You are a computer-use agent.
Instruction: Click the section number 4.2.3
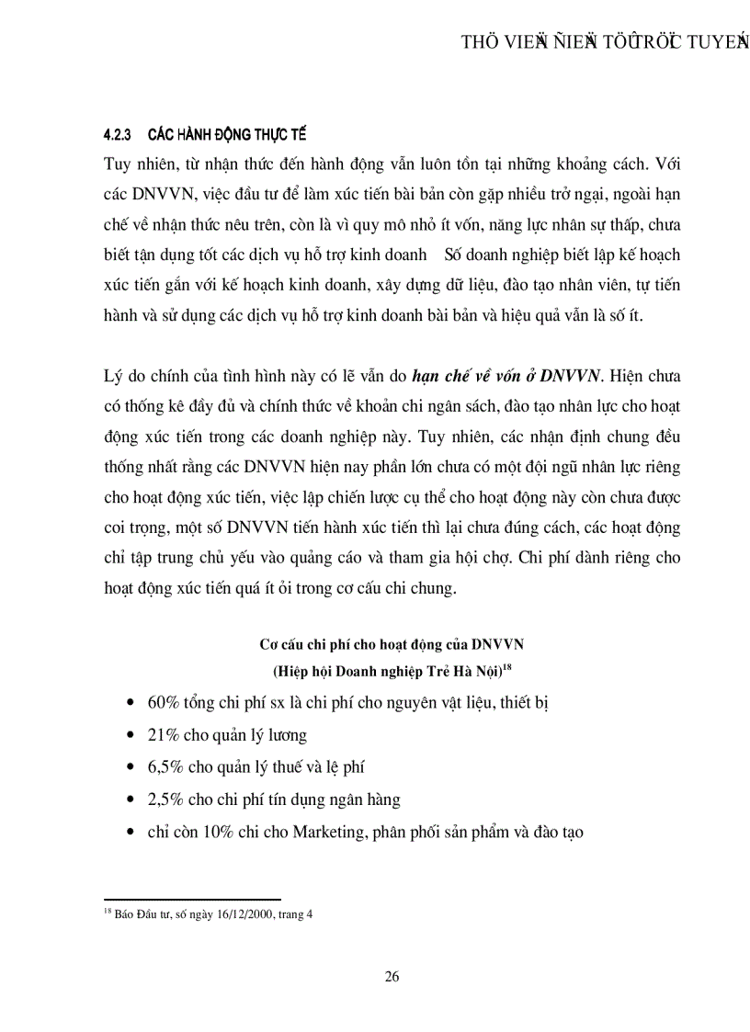[x=118, y=135]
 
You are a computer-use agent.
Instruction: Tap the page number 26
[x=392, y=977]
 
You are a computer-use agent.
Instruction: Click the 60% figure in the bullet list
[x=163, y=702]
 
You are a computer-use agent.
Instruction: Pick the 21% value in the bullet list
[x=163, y=734]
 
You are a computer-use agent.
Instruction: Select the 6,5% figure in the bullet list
[x=166, y=766]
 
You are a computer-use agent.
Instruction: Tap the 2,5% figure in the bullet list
[x=166, y=799]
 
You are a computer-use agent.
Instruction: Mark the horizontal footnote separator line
[x=192, y=900]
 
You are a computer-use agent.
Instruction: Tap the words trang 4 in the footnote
[x=296, y=915]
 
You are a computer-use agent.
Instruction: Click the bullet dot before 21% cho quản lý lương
[x=127, y=736]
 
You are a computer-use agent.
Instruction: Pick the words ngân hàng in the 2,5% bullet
[x=365, y=800]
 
